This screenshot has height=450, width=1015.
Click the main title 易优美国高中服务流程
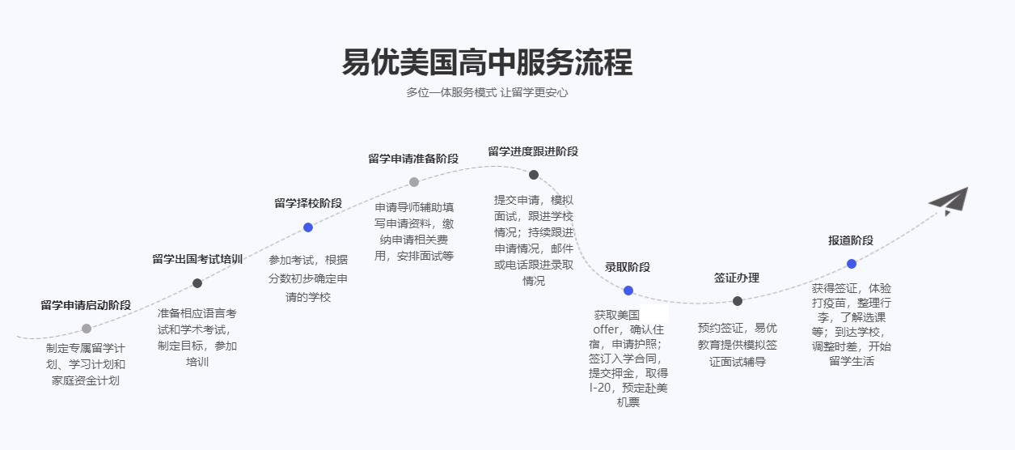point(487,62)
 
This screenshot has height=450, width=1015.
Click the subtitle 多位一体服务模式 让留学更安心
point(487,92)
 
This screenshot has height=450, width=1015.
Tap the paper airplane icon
point(949,201)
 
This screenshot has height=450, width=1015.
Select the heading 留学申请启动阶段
point(86,305)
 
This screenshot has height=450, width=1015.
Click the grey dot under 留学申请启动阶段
point(87,329)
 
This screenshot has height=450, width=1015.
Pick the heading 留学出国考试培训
point(197,259)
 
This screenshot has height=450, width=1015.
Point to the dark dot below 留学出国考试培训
point(197,283)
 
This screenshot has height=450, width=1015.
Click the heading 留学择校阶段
point(308,203)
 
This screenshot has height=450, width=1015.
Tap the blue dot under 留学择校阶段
point(308,227)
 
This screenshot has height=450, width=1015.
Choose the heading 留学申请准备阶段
point(413,159)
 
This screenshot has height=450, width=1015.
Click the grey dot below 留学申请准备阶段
point(414,182)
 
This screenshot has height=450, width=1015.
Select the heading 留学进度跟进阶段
point(533,151)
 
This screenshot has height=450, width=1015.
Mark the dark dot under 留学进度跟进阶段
point(534,175)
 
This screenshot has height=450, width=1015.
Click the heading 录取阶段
point(628,267)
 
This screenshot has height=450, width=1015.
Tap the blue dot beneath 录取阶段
point(628,291)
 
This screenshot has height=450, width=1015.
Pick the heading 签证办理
point(737,278)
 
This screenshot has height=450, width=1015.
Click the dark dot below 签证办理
point(738,301)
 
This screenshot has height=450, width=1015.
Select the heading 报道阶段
point(851,240)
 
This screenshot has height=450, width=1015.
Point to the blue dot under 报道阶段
point(852,264)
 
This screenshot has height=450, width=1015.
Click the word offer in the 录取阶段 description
point(606,329)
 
